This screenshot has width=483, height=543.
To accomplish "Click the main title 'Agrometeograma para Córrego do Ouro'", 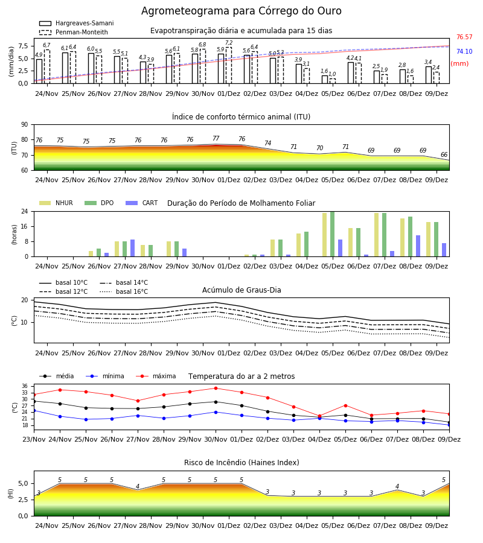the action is point(241,11).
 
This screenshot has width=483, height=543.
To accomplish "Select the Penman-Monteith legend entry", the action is point(74,32).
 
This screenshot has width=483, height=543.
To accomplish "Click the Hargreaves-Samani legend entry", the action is point(76,23).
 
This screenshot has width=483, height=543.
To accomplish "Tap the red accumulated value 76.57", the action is point(464,37).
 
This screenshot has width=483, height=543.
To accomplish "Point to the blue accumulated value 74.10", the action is point(464,52).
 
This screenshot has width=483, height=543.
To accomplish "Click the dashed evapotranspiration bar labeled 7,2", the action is point(229,65).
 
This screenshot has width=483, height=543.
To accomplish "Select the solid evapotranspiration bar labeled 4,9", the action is point(39,71).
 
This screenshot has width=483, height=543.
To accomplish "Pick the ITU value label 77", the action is point(216,139).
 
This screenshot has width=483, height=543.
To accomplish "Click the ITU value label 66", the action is point(444,155).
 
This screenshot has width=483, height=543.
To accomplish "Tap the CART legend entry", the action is point(141,203).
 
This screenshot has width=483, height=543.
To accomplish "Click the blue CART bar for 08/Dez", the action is point(418,246).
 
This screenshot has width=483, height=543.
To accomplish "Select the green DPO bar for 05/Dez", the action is point(332,234).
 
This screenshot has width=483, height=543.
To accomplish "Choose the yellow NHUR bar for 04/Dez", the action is point(299,245).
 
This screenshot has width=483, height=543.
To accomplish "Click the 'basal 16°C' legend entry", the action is point(124,291).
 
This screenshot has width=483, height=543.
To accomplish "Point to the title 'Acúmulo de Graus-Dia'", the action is point(241,290).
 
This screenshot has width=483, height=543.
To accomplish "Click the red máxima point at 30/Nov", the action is point(216,388).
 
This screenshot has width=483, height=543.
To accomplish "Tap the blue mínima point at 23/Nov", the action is point(34,411).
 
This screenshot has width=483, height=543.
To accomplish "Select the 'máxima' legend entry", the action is point(156,376).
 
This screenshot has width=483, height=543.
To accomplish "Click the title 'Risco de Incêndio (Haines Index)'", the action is point(241,463).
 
